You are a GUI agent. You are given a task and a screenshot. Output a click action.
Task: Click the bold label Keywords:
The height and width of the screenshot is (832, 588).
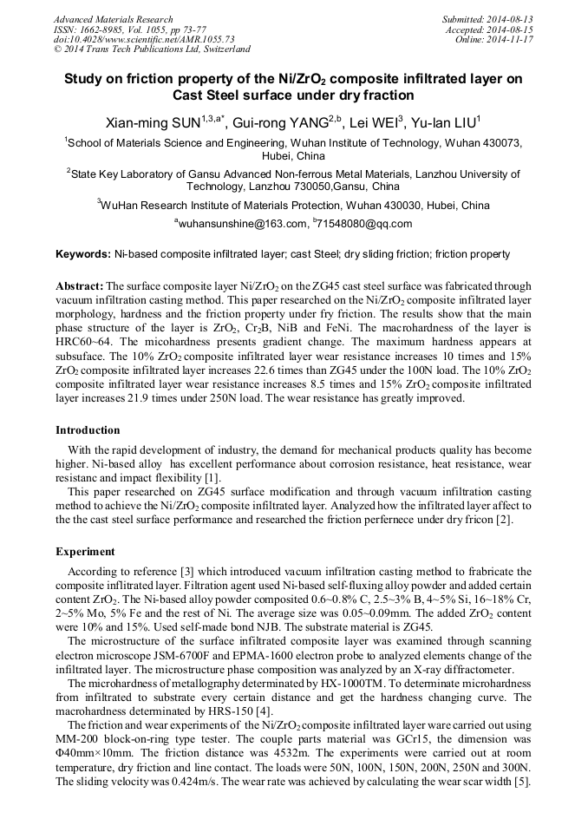click(x=83, y=254)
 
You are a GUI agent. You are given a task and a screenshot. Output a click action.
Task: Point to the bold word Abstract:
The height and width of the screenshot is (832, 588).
click(x=79, y=285)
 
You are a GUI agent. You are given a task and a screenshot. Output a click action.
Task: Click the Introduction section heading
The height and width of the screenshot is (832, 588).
click(x=88, y=429)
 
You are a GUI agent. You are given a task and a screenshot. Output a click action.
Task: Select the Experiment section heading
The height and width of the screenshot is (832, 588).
click(x=85, y=551)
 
